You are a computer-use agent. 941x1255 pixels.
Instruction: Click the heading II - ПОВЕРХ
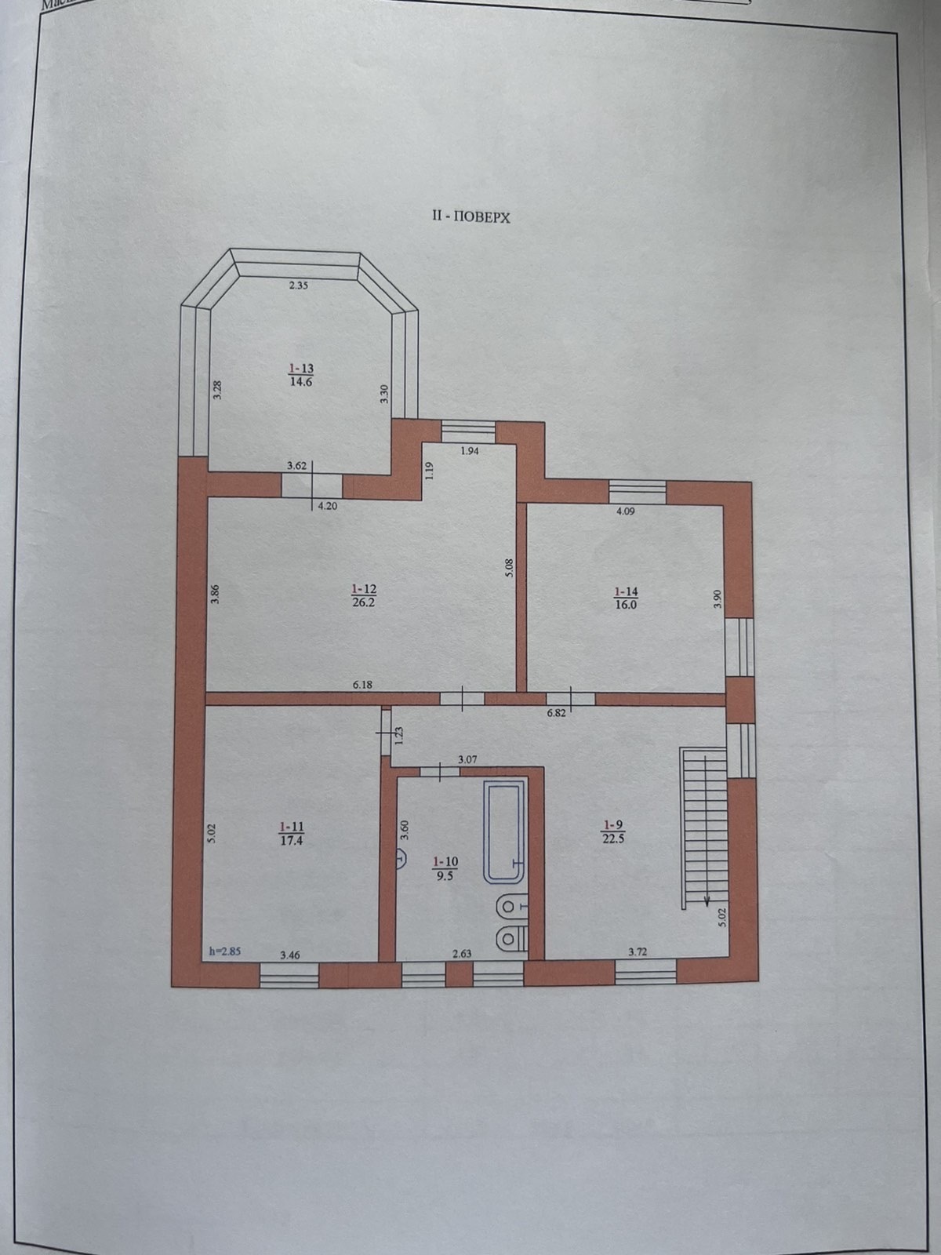pyautogui.click(x=470, y=217)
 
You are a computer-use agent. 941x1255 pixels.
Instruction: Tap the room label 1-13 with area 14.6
pyautogui.click(x=300, y=375)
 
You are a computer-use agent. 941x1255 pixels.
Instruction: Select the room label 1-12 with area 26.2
pyautogui.click(x=365, y=595)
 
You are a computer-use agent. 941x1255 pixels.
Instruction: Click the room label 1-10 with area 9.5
pyautogui.click(x=444, y=869)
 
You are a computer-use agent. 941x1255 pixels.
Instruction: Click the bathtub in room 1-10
pyautogui.click(x=503, y=831)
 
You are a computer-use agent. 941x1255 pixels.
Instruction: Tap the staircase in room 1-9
pyautogui.click(x=703, y=828)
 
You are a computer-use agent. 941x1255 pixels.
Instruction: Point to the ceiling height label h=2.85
pyautogui.click(x=224, y=951)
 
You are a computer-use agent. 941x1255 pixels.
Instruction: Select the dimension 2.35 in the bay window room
pyautogui.click(x=298, y=286)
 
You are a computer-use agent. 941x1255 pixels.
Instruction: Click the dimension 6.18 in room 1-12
pyautogui.click(x=362, y=685)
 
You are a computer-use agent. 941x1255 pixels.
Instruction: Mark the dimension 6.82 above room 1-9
pyautogui.click(x=555, y=713)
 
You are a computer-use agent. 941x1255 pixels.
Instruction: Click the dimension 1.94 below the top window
pyautogui.click(x=469, y=451)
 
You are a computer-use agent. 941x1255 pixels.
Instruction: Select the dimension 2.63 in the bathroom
pyautogui.click(x=463, y=954)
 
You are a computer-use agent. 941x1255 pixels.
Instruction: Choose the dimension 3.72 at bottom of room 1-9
pyautogui.click(x=639, y=952)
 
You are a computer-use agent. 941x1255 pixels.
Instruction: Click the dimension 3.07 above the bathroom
pyautogui.click(x=468, y=759)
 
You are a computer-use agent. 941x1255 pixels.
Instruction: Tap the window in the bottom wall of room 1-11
pyautogui.click(x=289, y=975)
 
